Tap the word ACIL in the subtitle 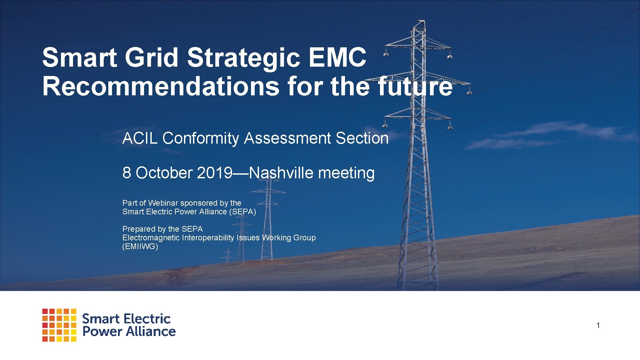(x=140, y=138)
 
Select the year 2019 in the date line (x=214, y=173)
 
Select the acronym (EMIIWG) (x=140, y=246)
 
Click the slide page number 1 (x=598, y=325)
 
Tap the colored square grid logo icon (x=59, y=325)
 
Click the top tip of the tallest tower (x=421, y=21)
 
